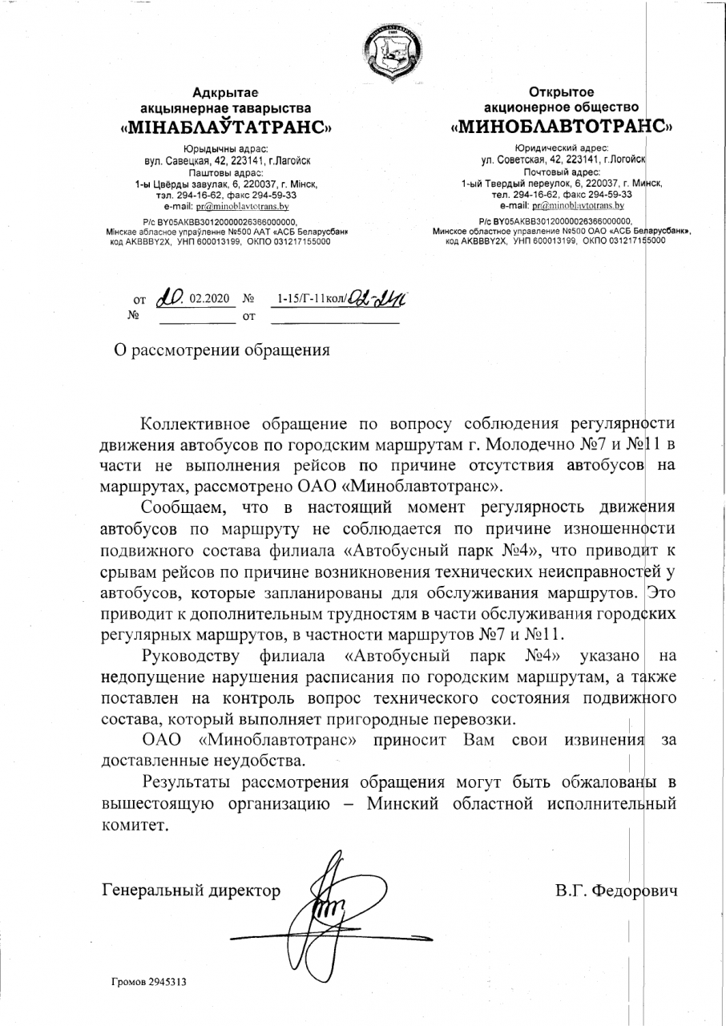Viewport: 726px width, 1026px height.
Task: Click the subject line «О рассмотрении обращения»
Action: pyautogui.click(x=220, y=350)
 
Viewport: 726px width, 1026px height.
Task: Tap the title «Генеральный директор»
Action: pyautogui.click(x=192, y=890)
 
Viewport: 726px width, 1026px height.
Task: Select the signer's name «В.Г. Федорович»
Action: pyautogui.click(x=615, y=890)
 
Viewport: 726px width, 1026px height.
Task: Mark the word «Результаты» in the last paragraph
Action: pyautogui.click(x=201, y=782)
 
